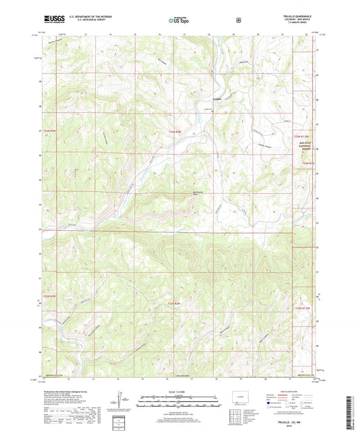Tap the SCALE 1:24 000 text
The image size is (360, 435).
[x=180, y=392]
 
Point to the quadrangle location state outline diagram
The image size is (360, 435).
[x=240, y=398]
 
